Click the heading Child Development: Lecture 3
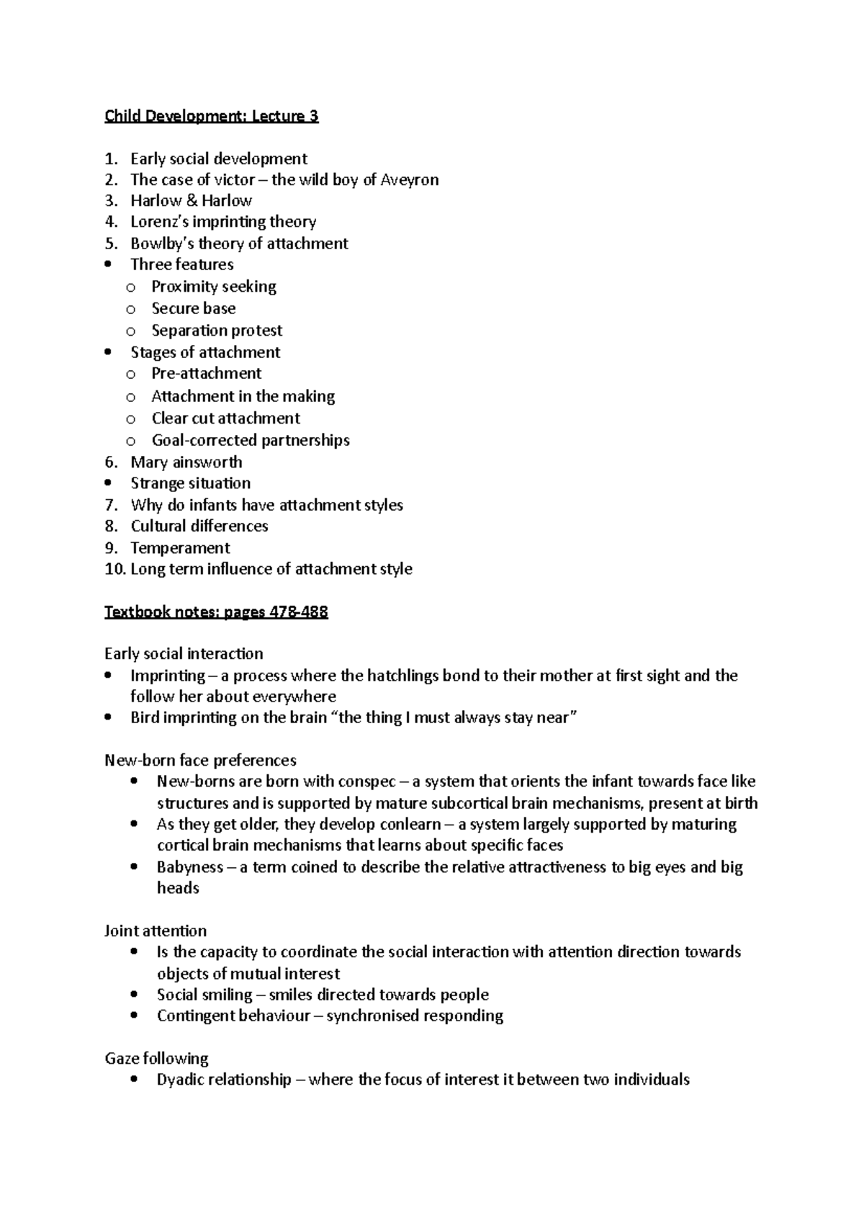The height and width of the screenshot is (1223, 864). pyautogui.click(x=211, y=116)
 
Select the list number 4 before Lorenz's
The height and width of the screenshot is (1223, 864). pyautogui.click(x=110, y=222)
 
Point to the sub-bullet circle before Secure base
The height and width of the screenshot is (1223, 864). pyautogui.click(x=130, y=309)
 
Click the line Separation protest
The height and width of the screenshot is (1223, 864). pyautogui.click(x=217, y=331)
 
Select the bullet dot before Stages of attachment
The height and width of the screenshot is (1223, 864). pyautogui.click(x=108, y=352)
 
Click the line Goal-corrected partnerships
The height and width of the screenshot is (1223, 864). pyautogui.click(x=250, y=440)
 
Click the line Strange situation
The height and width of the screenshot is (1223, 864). pyautogui.click(x=190, y=483)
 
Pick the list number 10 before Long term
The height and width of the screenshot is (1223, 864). pyautogui.click(x=114, y=569)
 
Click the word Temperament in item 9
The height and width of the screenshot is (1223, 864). pyautogui.click(x=180, y=547)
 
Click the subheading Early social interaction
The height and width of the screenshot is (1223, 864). pyautogui.click(x=184, y=654)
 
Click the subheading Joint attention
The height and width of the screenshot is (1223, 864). pyautogui.click(x=156, y=931)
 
